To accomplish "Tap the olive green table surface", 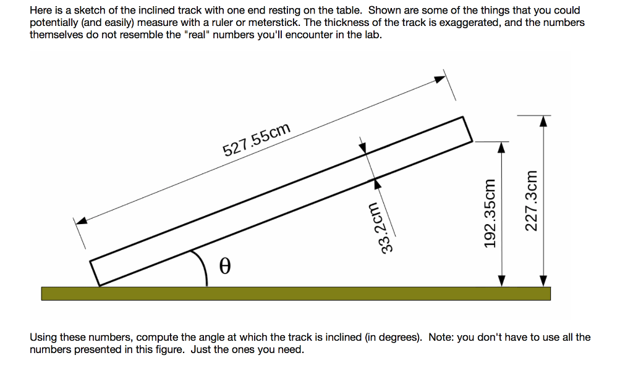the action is click(295, 293).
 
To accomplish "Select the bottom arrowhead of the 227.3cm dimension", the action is click(543, 281).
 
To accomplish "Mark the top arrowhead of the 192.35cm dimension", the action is click(503, 146).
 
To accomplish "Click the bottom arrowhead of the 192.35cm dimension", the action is click(503, 281).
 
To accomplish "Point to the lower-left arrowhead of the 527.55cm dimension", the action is click(81, 220).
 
